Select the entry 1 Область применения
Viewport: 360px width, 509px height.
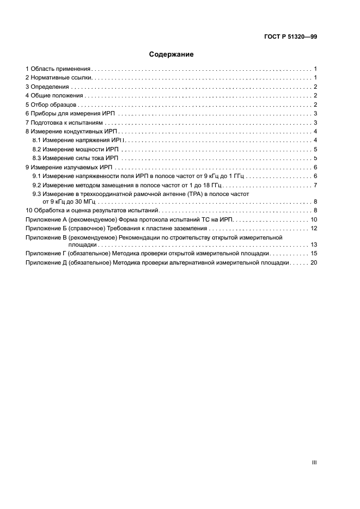click(58, 69)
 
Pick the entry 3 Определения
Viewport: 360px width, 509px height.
click(47, 87)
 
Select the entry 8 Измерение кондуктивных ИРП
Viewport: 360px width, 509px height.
click(72, 131)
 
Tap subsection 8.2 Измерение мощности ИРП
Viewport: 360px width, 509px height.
click(76, 149)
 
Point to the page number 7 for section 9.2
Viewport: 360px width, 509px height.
click(315, 185)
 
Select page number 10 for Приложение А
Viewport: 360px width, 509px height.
click(314, 219)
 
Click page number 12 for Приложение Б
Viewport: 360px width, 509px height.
click(314, 228)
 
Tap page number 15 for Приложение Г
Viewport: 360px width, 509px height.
click(314, 254)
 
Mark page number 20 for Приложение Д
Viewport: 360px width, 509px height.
click(314, 262)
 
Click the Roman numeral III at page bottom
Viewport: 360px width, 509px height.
click(314, 462)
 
